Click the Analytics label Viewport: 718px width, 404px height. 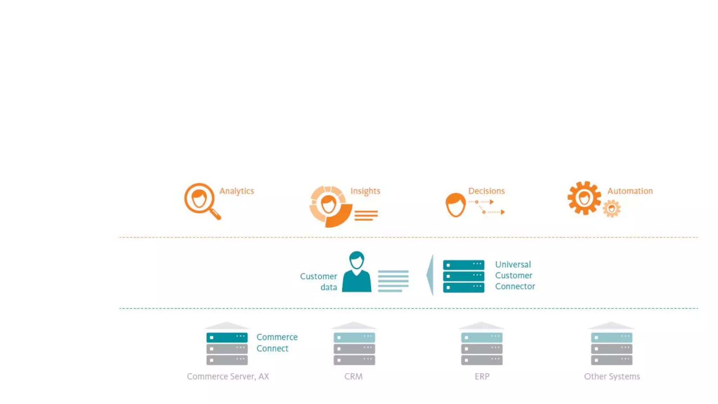pos(237,191)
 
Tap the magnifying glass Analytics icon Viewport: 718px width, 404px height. pos(201,200)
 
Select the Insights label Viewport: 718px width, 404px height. pos(365,191)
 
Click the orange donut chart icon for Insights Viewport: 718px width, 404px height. pos(330,206)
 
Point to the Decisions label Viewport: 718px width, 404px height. pos(486,191)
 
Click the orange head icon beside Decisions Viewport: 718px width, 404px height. pos(455,205)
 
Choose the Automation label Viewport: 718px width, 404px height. pos(630,191)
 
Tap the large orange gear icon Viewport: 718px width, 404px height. pos(584,198)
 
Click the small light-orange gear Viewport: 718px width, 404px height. pos(611,209)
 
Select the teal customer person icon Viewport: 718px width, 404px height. pos(357,272)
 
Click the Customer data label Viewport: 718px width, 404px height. pos(319,282)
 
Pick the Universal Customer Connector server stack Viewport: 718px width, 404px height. pos(463,276)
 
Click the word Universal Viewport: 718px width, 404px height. pos(513,264)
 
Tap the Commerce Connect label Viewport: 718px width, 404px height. pos(277,343)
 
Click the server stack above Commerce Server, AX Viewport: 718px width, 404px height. pos(227,348)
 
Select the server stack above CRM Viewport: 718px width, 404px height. pos(354,348)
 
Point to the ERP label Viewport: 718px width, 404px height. pos(482,377)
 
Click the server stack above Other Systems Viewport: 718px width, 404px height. pos(611,348)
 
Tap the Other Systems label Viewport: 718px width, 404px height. pos(612,377)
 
